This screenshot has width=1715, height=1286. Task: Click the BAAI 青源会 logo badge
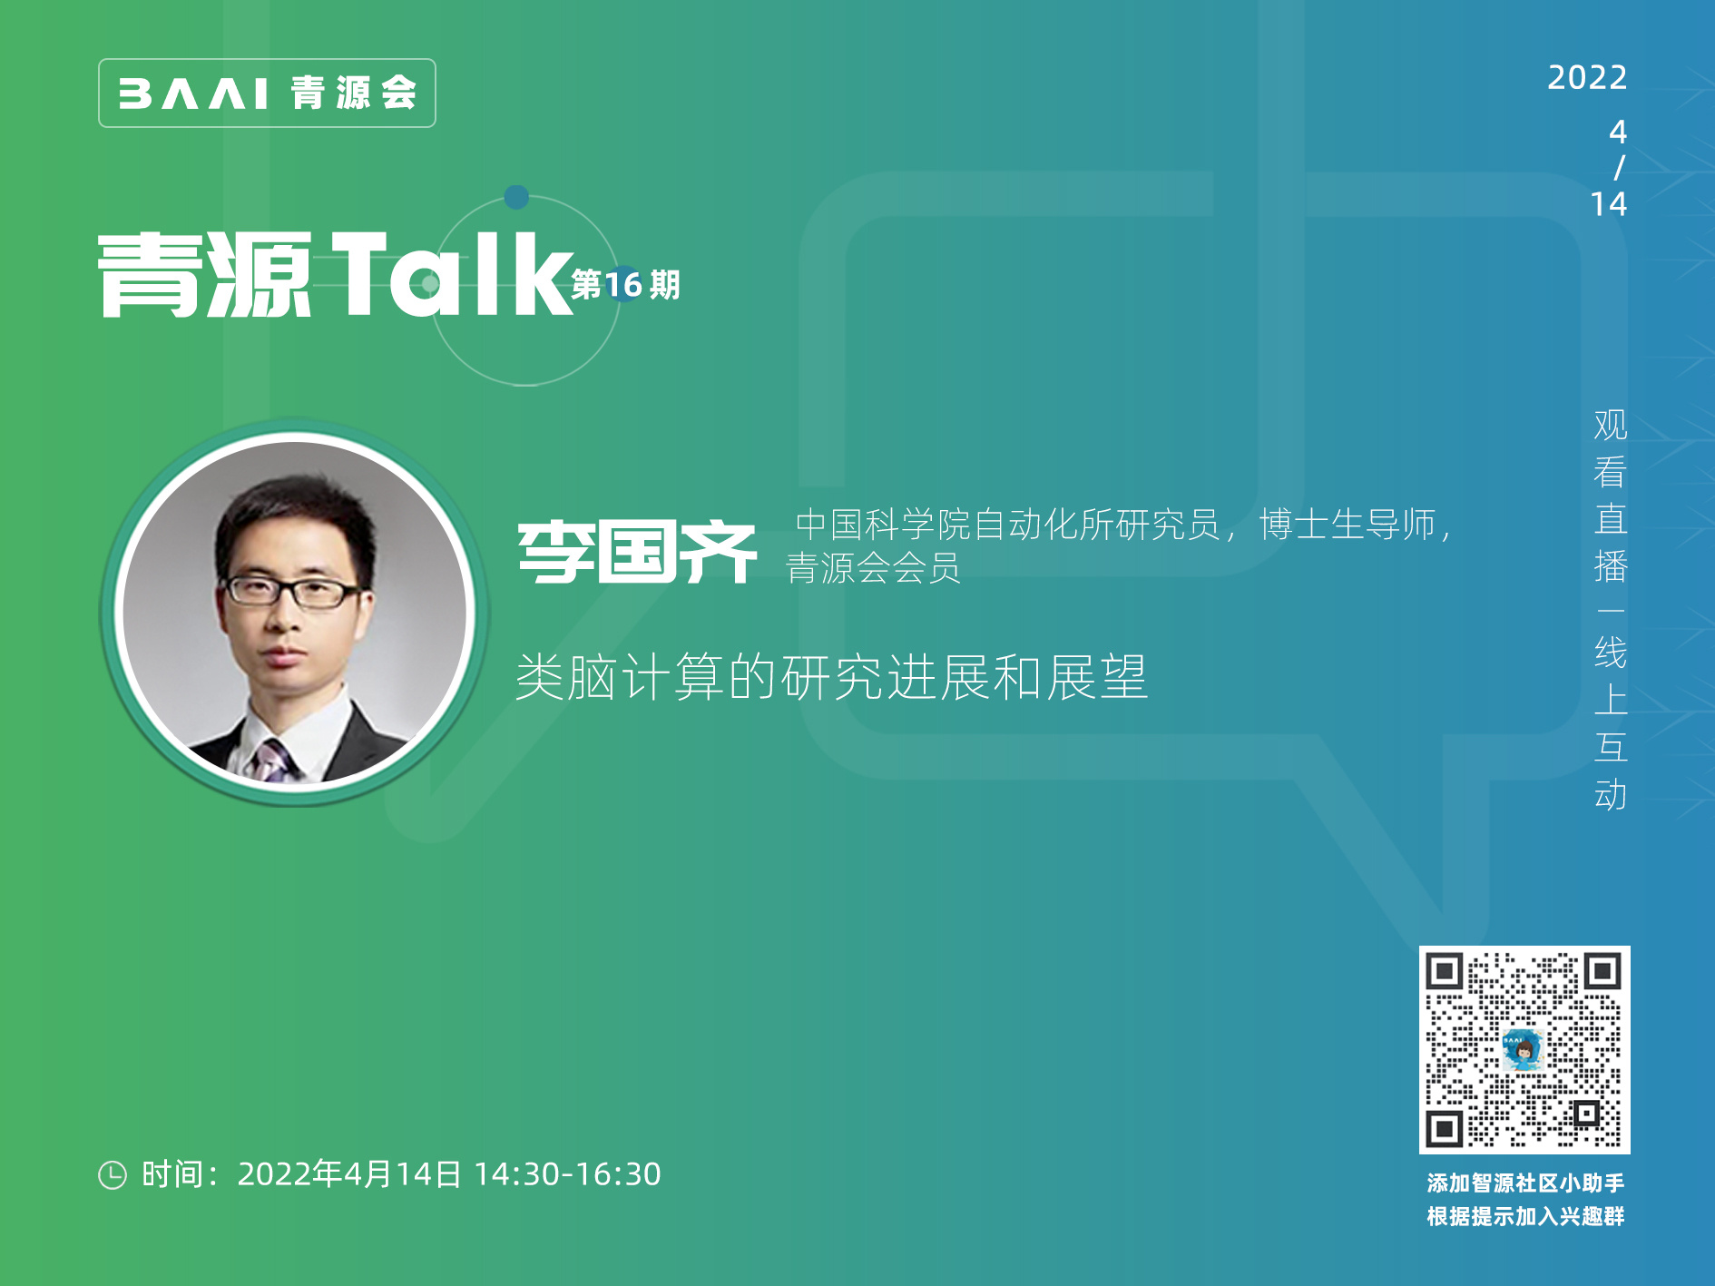coord(267,93)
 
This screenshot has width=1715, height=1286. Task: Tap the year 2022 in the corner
coord(1587,78)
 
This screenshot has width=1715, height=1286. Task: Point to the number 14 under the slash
coord(1609,204)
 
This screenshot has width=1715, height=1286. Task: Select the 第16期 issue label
coord(626,285)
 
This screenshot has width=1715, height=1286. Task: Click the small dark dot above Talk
coord(516,197)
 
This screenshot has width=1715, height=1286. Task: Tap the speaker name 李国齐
coord(637,552)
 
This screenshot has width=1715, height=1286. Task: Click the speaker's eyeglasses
coord(291,592)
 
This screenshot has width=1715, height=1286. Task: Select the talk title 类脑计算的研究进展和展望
coord(831,677)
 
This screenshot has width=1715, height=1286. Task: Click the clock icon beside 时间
coord(113,1174)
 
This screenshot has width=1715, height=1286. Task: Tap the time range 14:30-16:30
coord(567,1174)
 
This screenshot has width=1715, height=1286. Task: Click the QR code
coord(1524,1050)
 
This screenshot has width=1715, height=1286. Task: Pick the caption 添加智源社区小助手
coord(1525,1183)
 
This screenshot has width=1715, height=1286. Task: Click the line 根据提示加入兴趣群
coord(1525,1216)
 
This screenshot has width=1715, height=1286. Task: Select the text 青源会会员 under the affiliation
coord(873,569)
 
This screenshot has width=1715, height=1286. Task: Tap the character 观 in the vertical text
coord(1611,425)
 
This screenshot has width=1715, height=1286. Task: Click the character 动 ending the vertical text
coord(1611,795)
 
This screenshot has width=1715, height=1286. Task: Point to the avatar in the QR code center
coord(1524,1050)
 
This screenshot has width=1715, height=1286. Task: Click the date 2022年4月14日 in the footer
coord(349,1174)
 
